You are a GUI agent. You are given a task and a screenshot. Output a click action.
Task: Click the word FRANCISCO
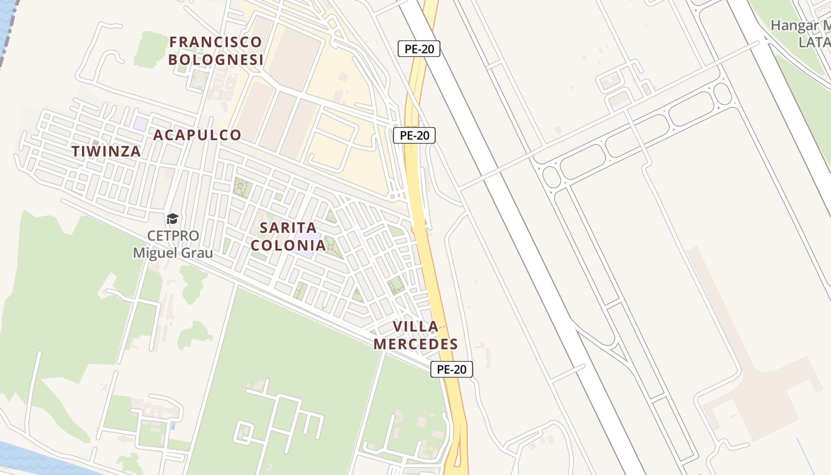tap(215, 42)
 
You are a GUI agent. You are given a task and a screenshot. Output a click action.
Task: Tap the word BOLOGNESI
tap(215, 59)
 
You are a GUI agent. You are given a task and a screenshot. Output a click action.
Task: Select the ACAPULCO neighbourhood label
tap(197, 135)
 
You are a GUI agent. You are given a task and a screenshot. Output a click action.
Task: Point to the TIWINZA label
tap(106, 151)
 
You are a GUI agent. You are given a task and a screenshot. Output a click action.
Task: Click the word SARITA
tap(288, 227)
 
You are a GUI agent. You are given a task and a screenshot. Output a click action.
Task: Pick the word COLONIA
tap(288, 245)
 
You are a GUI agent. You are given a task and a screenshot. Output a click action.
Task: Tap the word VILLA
tap(415, 326)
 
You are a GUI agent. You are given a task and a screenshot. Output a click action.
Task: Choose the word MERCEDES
tap(415, 344)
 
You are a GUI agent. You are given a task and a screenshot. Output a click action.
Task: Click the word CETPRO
tap(172, 236)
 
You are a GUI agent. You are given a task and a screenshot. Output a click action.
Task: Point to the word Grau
tap(199, 252)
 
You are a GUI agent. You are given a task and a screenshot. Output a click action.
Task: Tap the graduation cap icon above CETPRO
tap(172, 218)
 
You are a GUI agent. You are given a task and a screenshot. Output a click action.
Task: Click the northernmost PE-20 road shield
tap(419, 49)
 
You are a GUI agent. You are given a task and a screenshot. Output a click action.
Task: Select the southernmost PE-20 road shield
tap(452, 369)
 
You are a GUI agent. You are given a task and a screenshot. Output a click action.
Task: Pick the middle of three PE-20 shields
tap(414, 135)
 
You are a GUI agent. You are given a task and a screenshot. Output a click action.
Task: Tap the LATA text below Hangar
tap(814, 42)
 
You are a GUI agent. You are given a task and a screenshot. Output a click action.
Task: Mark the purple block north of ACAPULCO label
tap(141, 123)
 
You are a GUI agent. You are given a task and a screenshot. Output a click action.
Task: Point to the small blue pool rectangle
tap(173, 426)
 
